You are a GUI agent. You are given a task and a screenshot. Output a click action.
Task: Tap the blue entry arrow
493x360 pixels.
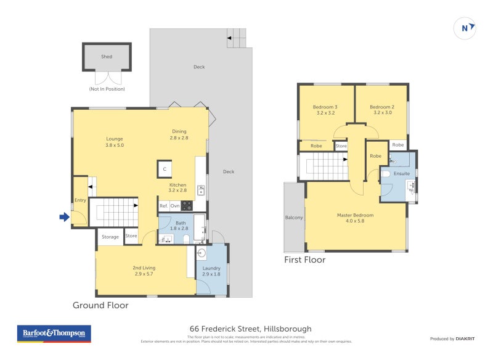tap(63, 217)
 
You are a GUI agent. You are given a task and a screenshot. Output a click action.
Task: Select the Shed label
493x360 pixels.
tap(107, 57)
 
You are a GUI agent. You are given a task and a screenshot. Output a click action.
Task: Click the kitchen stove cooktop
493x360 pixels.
tap(186, 206)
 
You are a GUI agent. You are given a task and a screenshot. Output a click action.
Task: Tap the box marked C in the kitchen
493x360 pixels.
tap(164, 169)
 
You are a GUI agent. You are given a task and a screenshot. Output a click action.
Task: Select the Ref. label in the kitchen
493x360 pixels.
tap(164, 206)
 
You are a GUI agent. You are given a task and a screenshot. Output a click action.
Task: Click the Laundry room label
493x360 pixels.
tap(211, 268)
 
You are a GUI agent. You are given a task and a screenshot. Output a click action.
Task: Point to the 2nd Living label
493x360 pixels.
tap(144, 268)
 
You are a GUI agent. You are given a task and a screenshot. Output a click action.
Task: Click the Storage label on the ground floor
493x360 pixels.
tap(110, 237)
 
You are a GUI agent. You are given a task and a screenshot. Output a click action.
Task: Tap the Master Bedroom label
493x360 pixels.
tap(355, 215)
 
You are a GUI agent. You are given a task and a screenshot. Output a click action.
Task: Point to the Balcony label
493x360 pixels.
tap(294, 218)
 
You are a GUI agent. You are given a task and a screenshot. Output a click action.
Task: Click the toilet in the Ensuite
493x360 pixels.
tap(386, 175)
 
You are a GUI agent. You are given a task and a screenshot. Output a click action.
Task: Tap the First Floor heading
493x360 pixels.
tap(304, 260)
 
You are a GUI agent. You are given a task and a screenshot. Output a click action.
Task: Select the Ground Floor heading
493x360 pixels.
tap(100, 305)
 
